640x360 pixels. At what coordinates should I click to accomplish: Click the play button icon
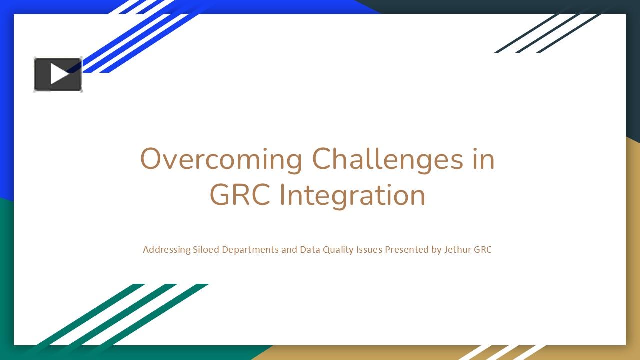point(58,74)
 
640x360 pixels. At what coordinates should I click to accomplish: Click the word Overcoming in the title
point(221,160)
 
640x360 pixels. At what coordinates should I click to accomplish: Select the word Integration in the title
point(352,195)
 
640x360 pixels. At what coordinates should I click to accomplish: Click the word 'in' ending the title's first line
point(482,160)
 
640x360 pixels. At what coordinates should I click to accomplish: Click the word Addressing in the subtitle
point(166,249)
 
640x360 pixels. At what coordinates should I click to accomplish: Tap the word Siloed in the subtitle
point(206,249)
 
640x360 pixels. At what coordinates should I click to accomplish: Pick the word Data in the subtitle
point(310,249)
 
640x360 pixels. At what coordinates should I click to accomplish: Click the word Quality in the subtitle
point(338,249)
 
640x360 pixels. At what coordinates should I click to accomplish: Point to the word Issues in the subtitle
point(369,249)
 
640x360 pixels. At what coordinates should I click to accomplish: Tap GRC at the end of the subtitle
point(483,249)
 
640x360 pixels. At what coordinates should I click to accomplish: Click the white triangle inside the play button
point(59,74)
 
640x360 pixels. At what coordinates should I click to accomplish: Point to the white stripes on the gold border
point(505,352)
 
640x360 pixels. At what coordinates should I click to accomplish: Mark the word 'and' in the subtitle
point(289,249)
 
